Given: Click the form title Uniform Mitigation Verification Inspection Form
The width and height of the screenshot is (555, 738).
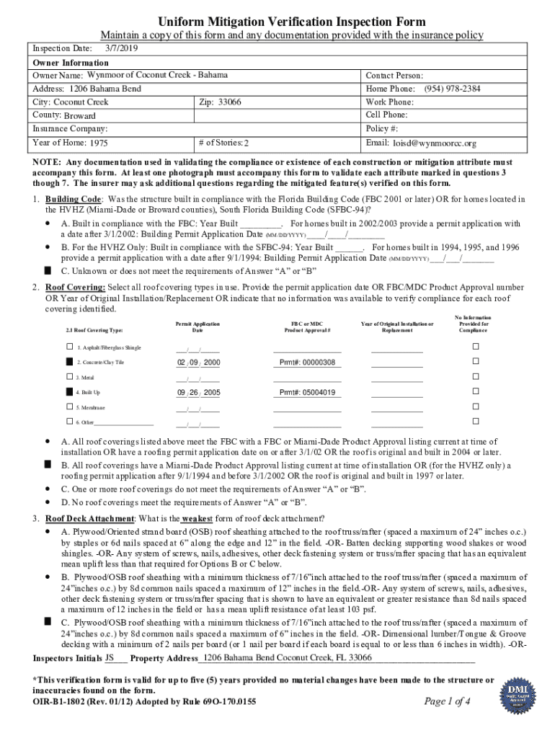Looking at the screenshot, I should (x=276, y=22).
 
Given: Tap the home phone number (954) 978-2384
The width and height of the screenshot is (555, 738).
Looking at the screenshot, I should (x=452, y=89).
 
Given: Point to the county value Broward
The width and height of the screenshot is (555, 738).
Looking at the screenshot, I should (x=79, y=116).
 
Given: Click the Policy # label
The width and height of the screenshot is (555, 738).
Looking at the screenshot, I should (x=382, y=129).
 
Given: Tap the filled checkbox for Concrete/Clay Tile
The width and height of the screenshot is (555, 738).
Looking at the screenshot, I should (x=69, y=362).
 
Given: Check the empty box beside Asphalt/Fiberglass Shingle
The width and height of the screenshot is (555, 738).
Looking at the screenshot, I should (x=69, y=347).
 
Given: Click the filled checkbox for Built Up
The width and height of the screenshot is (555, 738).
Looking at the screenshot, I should (x=69, y=392).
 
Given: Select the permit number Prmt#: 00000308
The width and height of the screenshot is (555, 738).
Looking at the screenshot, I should (x=307, y=363).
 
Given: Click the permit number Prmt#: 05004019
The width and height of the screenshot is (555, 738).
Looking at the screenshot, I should (x=307, y=393).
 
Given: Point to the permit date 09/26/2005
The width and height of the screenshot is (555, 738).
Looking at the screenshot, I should (x=198, y=393).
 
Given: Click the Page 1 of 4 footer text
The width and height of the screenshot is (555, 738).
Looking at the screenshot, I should (x=448, y=701).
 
